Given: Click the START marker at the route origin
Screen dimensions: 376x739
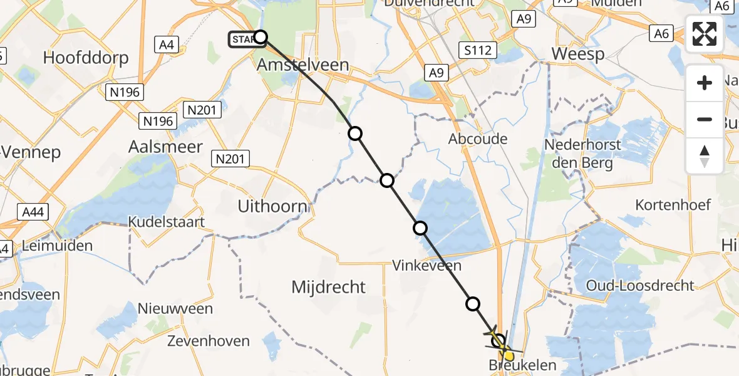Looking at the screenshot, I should (x=244, y=39).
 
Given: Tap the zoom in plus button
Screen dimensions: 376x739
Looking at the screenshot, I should (x=705, y=83).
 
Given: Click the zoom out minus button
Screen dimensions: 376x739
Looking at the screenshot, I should (x=705, y=119).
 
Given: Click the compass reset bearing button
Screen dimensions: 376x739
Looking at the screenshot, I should (x=705, y=155).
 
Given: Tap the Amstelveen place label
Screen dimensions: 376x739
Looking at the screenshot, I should (x=303, y=65).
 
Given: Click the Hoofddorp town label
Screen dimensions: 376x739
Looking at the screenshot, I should (x=86, y=58).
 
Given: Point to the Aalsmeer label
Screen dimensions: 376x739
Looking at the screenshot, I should (x=165, y=147).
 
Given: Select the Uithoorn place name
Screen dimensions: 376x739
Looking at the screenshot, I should (x=272, y=206).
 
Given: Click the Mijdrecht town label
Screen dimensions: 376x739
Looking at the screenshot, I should (x=329, y=287).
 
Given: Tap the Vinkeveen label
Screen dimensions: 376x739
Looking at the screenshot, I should (x=427, y=265).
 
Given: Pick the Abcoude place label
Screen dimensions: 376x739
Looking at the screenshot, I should (x=478, y=139).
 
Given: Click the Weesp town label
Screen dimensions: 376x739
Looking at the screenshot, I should (x=578, y=54).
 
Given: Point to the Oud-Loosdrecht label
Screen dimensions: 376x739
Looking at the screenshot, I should (x=640, y=286).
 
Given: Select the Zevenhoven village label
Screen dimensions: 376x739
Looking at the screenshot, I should (x=209, y=342).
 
